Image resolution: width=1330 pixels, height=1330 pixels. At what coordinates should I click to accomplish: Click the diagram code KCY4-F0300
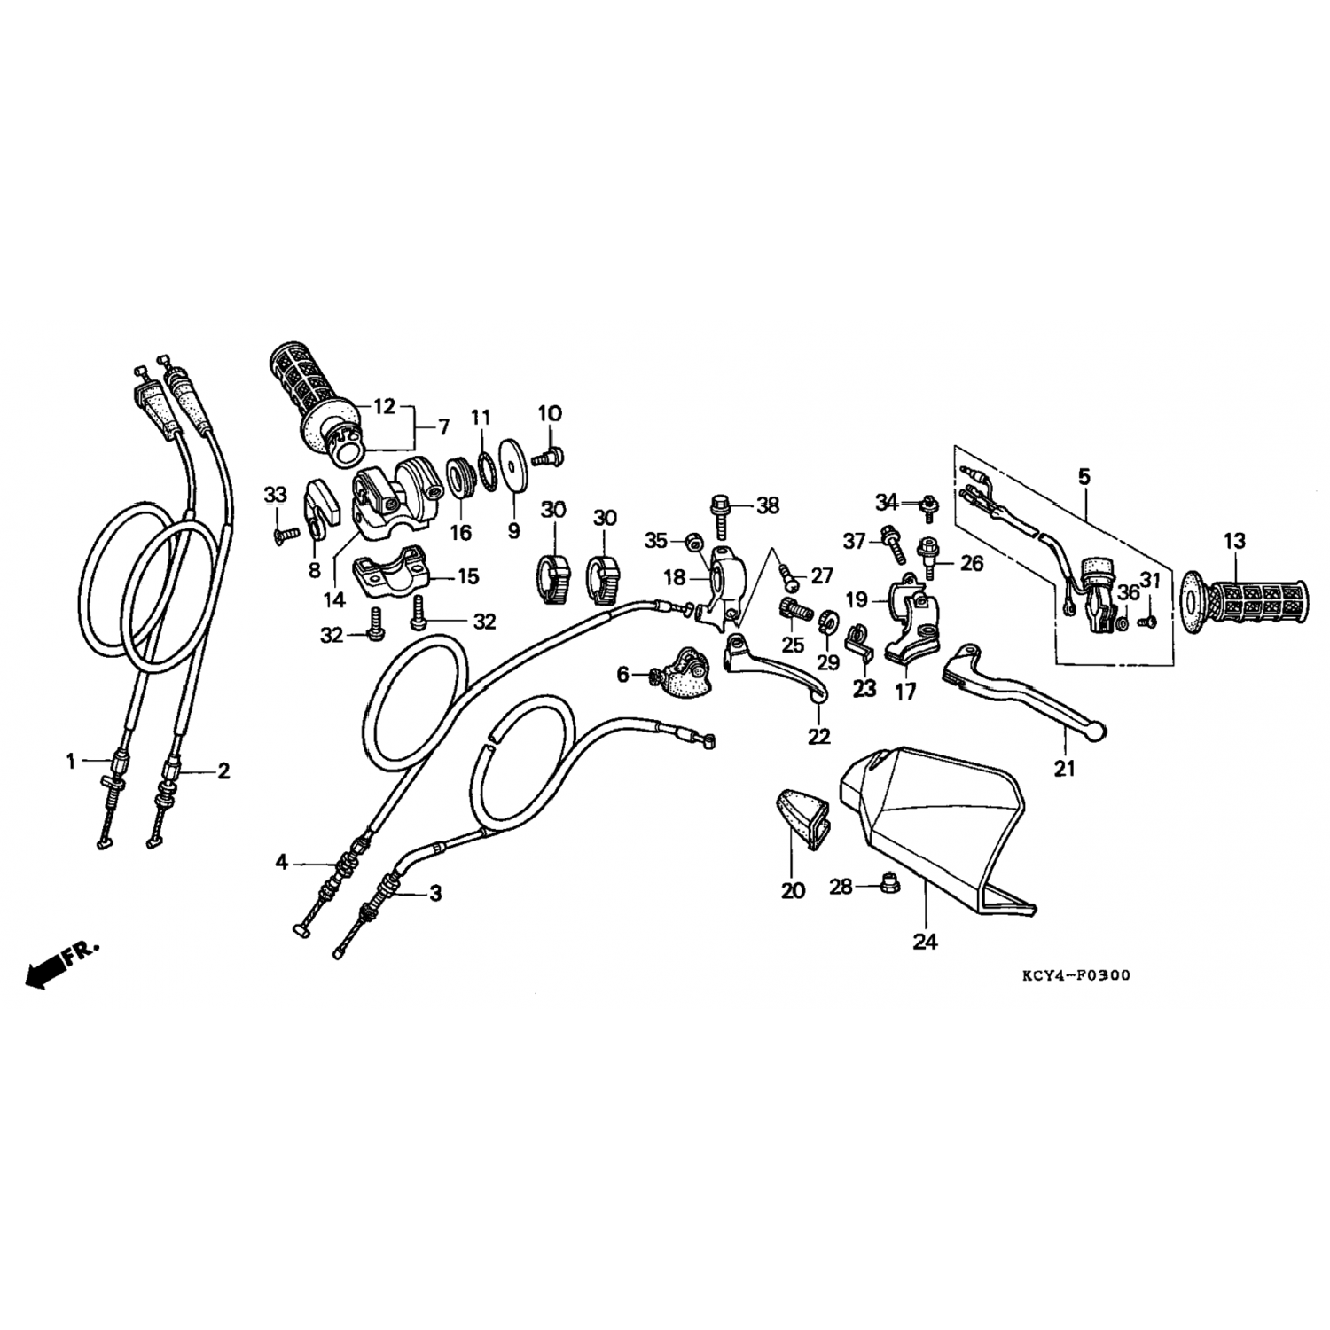click(1076, 975)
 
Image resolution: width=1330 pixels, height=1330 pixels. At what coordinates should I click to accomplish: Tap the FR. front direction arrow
click(62, 964)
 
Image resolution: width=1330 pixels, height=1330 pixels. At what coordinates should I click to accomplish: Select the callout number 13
click(1234, 541)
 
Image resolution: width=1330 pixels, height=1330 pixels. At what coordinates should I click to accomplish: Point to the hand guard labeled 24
click(931, 829)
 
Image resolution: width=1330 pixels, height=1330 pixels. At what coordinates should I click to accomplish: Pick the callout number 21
click(1064, 768)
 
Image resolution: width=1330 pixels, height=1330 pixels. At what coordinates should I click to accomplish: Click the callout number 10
click(550, 413)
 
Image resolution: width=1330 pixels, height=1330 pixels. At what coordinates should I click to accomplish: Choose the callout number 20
click(793, 890)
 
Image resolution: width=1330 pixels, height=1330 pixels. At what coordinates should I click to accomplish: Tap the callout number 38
click(768, 505)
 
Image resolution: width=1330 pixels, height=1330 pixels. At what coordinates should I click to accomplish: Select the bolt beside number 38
click(718, 516)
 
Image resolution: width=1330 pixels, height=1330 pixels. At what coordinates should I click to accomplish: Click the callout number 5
click(1084, 477)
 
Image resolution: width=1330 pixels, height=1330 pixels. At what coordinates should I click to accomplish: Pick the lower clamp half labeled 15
click(390, 576)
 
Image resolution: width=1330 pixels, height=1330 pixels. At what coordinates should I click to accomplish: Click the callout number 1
click(71, 761)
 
